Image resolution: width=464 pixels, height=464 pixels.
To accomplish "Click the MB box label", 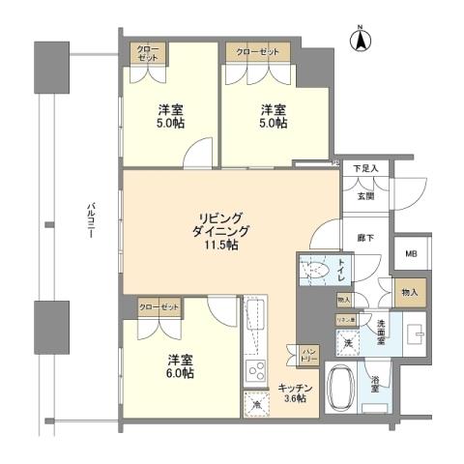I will click(410, 254).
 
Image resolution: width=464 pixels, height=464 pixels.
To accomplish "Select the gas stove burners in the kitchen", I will click(256, 370).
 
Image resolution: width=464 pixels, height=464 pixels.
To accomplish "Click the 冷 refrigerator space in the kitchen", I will click(256, 405).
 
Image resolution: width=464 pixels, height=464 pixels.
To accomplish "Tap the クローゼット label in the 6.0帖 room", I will click(159, 306).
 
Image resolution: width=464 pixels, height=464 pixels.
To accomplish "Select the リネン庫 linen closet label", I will click(345, 319).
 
